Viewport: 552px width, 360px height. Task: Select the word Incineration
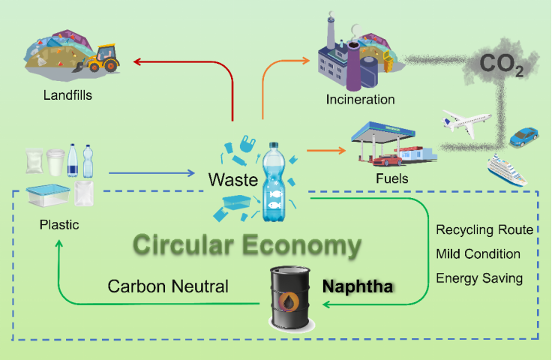tap(360, 99)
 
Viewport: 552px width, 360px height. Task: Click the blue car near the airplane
tap(523, 137)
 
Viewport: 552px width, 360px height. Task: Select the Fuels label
tap(392, 179)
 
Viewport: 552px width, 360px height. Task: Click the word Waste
tap(232, 180)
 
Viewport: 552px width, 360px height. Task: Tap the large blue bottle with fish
tap(271, 184)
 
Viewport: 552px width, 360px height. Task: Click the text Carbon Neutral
tap(168, 286)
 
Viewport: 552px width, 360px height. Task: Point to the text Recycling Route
tap(484, 229)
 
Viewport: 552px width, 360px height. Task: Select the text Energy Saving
tap(479, 278)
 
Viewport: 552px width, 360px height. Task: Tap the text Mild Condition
tap(478, 253)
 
